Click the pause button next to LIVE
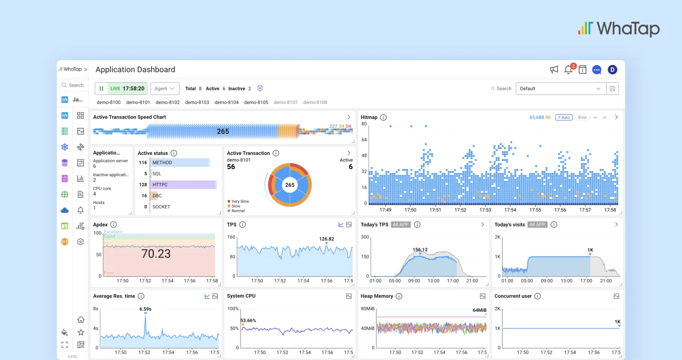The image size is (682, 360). click(x=101, y=89)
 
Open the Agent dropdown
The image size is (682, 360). click(x=164, y=89)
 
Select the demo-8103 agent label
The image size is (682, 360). click(x=197, y=102)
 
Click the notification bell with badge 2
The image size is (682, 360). click(x=568, y=70)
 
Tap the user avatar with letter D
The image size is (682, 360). click(x=612, y=70)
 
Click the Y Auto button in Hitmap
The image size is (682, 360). click(x=564, y=117)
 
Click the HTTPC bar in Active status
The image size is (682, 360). click(x=183, y=185)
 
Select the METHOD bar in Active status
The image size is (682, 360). click(x=180, y=162)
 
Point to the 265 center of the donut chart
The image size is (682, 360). click(x=290, y=185)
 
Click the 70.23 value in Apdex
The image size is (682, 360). click(x=156, y=254)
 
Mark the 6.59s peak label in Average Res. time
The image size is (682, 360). click(x=145, y=309)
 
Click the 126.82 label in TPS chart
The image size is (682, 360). click(x=326, y=239)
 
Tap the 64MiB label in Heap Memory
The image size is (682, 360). click(x=479, y=310)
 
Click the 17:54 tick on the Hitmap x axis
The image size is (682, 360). click(x=510, y=210)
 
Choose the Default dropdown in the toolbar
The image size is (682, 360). click(x=561, y=89)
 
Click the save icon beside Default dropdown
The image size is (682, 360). click(x=612, y=89)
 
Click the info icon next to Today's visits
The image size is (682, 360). click(x=554, y=225)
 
